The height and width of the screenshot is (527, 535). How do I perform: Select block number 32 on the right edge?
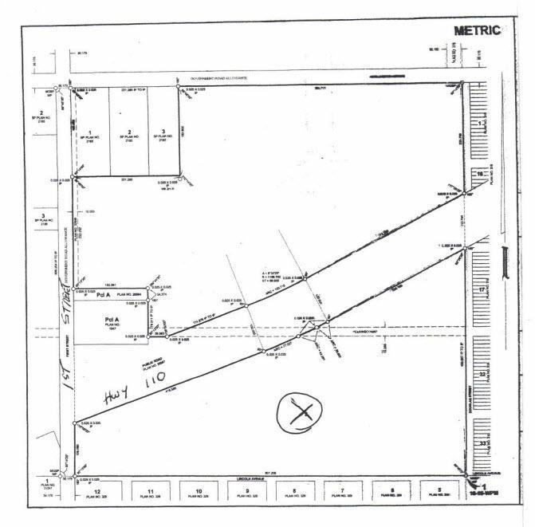(x=481, y=373)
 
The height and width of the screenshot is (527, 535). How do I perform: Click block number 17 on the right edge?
(x=481, y=291)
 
